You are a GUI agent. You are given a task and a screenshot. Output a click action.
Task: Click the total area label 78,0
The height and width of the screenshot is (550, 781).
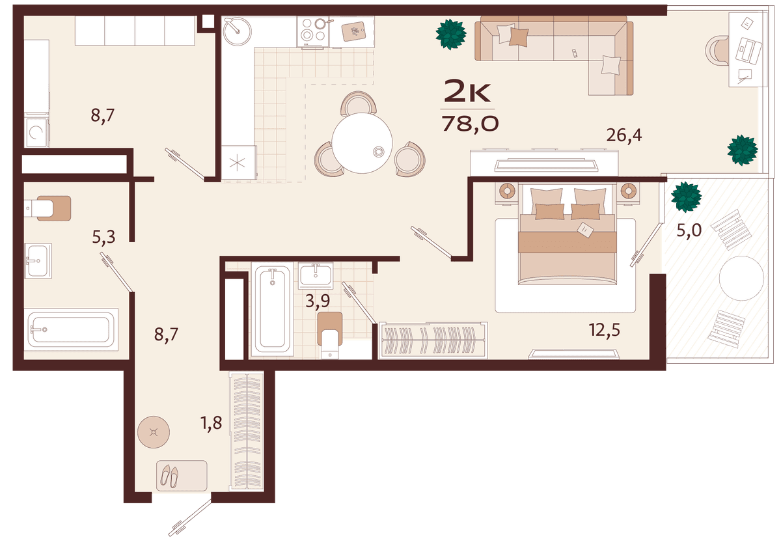(471, 124)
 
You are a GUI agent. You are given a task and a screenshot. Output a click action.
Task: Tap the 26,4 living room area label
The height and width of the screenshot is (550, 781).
(623, 135)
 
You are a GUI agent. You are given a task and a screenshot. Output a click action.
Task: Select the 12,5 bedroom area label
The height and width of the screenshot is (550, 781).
(605, 330)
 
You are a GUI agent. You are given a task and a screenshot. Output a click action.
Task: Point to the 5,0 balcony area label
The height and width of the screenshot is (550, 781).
(689, 230)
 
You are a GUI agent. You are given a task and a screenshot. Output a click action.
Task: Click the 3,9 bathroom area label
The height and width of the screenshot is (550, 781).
(318, 301)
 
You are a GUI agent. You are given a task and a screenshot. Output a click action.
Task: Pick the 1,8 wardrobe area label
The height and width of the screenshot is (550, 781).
(212, 423)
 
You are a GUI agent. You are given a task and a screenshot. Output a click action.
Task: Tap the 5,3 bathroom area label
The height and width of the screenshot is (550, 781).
(103, 238)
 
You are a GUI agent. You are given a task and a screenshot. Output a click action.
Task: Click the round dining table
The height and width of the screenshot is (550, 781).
(363, 143)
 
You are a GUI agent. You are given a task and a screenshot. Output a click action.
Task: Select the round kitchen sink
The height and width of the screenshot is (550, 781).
(237, 31)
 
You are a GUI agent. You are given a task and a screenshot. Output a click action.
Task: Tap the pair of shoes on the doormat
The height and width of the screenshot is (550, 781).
(169, 476)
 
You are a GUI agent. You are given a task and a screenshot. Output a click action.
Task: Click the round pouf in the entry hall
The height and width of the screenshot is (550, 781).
(154, 432)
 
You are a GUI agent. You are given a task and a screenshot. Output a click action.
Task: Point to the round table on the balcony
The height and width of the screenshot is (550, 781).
(741, 278)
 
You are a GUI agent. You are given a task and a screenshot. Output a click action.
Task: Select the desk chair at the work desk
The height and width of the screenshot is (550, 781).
(716, 51)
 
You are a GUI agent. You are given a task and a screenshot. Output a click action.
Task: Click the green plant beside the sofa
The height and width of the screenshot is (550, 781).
(451, 34)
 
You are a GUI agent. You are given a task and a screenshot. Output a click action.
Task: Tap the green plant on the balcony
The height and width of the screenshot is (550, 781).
(686, 197)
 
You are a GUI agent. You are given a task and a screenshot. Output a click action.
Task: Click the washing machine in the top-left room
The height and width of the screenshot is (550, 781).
(36, 132)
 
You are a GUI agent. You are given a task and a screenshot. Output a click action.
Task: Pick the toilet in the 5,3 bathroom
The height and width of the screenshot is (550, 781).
(48, 208)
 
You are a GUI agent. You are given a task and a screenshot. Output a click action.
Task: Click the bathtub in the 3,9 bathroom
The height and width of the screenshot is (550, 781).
(272, 310)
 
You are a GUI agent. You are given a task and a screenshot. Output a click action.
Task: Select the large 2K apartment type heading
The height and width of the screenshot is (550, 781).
(467, 92)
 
